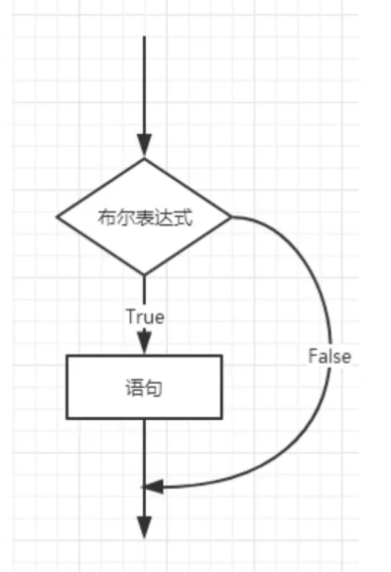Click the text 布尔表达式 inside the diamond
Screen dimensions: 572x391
[144, 218]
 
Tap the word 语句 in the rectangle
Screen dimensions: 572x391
[144, 387]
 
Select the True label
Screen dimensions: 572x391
[144, 317]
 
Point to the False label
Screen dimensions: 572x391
[330, 356]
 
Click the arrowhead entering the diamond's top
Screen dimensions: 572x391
[144, 146]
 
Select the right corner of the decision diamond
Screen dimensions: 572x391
[231, 217]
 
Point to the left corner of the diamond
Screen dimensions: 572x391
[57, 217]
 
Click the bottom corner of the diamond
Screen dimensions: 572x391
[144, 275]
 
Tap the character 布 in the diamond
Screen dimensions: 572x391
[105, 218]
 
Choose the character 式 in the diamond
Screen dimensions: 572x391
[184, 218]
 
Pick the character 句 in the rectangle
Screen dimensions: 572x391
[154, 387]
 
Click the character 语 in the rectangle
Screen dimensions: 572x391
[133, 387]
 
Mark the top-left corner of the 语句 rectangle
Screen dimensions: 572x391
[66, 355]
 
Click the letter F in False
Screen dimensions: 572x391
[312, 356]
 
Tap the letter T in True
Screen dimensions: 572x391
[130, 317]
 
